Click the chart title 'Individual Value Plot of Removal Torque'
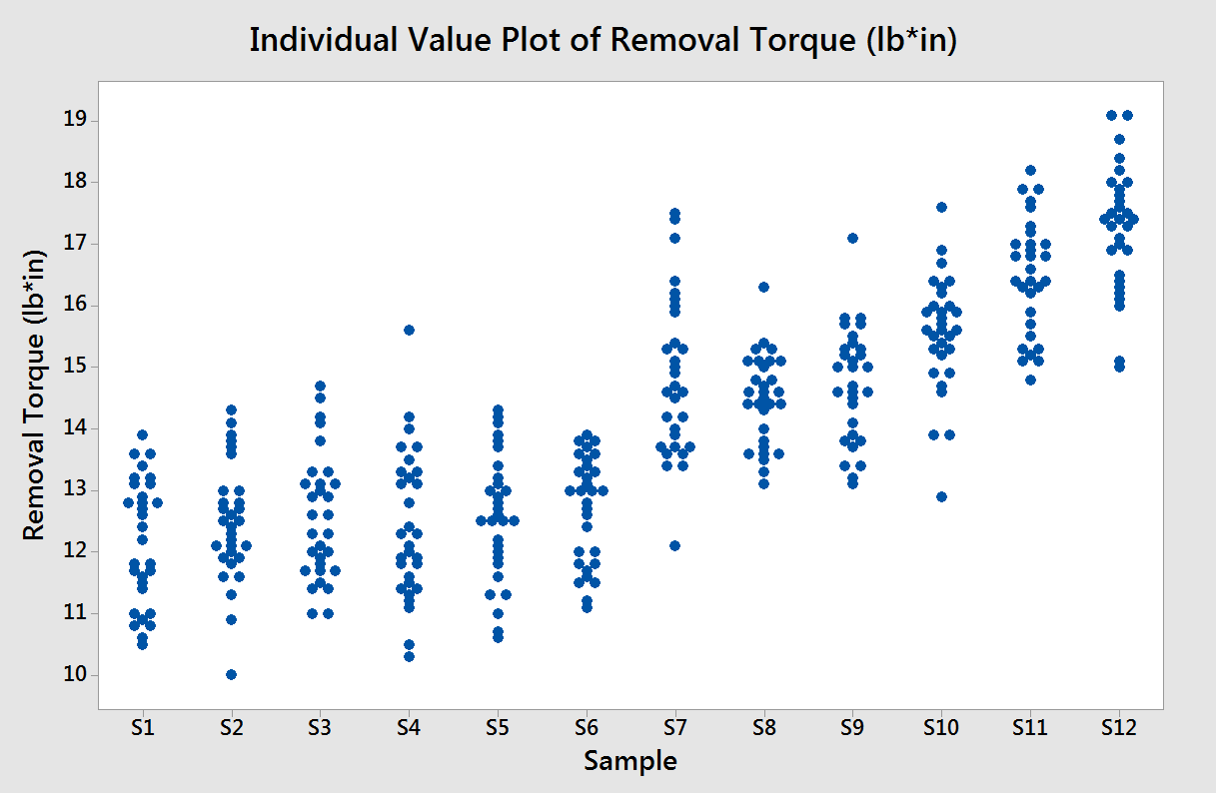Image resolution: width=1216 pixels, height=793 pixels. (x=603, y=41)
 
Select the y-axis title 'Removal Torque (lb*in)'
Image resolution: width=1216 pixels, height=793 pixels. (x=35, y=396)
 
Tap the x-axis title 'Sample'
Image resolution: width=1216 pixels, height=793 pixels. (x=630, y=761)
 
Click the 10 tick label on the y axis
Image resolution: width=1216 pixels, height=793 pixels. (x=74, y=675)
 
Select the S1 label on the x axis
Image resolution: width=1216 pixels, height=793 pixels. (x=142, y=727)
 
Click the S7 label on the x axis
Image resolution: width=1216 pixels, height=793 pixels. (x=674, y=727)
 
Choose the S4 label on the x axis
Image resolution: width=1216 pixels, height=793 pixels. (x=408, y=727)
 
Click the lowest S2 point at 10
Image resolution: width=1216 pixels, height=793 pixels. (x=231, y=674)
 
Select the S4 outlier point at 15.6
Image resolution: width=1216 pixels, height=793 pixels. (x=409, y=330)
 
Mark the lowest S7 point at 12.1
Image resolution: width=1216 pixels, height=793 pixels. (x=675, y=545)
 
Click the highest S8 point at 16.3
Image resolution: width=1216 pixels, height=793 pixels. (x=763, y=287)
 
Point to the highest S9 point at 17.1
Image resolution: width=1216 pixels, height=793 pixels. (x=852, y=238)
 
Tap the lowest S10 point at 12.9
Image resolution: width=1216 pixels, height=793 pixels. (x=941, y=496)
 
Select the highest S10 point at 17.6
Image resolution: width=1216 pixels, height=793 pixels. (x=941, y=207)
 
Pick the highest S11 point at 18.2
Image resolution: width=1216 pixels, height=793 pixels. (x=1030, y=170)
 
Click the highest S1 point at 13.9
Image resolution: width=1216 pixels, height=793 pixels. (x=142, y=434)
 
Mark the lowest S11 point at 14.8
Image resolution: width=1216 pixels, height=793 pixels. (x=1030, y=380)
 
